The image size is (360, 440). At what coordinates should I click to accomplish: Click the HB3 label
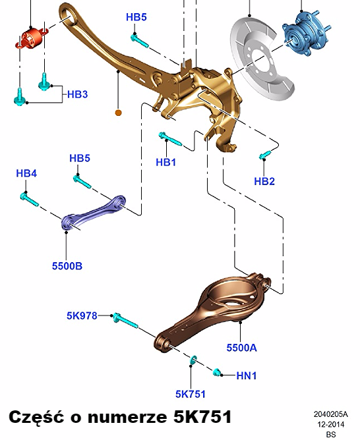pyautogui.click(x=78, y=94)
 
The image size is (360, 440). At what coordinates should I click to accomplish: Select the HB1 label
pyautogui.click(x=166, y=162)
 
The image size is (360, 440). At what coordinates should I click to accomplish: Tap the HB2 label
pyautogui.click(x=264, y=181)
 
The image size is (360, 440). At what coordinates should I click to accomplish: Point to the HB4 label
pyautogui.click(x=26, y=173)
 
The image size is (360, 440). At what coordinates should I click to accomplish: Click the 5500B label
pyautogui.click(x=67, y=265)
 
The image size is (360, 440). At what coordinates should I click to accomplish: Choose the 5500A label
pyautogui.click(x=241, y=348)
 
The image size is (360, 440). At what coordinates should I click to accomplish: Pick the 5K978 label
pyautogui.click(x=82, y=316)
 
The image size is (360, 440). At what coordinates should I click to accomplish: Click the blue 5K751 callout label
pyautogui.click(x=191, y=394)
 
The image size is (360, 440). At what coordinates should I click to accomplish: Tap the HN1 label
pyautogui.click(x=247, y=375)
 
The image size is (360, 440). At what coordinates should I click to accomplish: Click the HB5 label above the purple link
pyautogui.click(x=80, y=158)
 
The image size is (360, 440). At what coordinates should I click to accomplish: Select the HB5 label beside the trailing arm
pyautogui.click(x=136, y=17)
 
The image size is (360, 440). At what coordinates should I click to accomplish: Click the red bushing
pyautogui.click(x=32, y=38)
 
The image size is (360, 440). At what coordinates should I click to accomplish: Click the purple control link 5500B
pyautogui.click(x=93, y=213)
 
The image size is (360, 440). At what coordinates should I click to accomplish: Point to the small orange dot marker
pyautogui.click(x=119, y=113)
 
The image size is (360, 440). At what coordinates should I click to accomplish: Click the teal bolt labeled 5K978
pyautogui.click(x=125, y=321)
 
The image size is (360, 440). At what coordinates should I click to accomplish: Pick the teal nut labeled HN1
pyautogui.click(x=217, y=372)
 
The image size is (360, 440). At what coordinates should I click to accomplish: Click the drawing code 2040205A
pyautogui.click(x=330, y=414)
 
